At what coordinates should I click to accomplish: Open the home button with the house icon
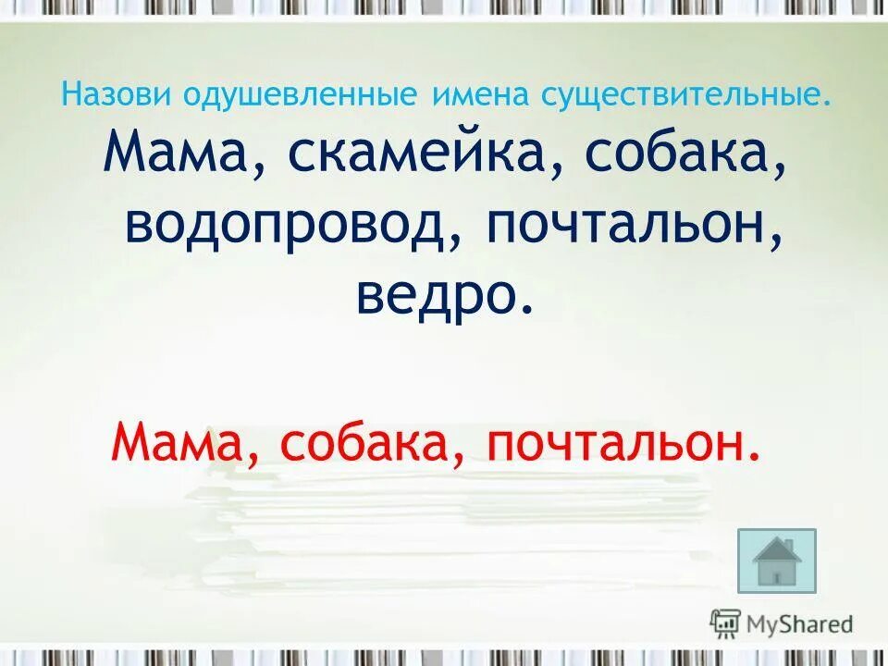777,561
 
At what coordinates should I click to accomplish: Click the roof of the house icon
777,548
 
